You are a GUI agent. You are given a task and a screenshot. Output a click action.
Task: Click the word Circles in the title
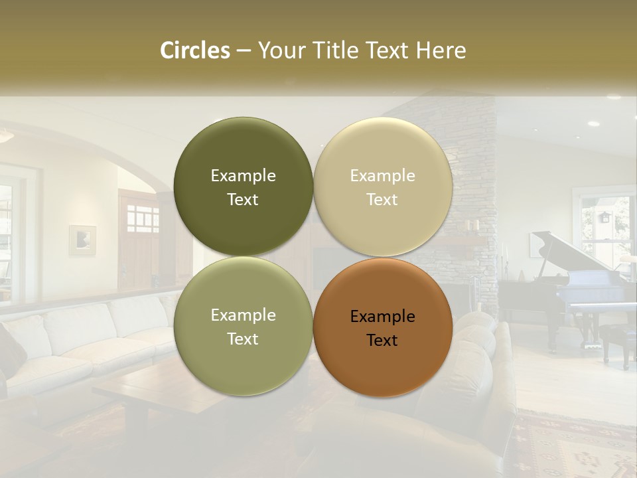[x=195, y=50]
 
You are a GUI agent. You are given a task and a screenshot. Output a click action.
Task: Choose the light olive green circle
[x=243, y=358]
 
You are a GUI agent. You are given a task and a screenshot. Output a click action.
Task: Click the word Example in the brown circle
[x=382, y=317]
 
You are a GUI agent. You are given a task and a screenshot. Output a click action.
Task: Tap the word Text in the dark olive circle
[x=243, y=200]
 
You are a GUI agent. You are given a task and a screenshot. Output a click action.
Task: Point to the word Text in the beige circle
[x=382, y=200]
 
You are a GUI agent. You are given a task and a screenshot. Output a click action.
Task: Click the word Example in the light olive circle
[x=243, y=315]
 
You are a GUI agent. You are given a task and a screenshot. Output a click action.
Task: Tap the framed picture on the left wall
[x=82, y=240]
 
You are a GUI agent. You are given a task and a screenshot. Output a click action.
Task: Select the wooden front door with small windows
[x=139, y=239]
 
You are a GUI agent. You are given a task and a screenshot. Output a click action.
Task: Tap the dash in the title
[x=244, y=50]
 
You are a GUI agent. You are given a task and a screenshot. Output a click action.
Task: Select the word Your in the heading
[x=281, y=50]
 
